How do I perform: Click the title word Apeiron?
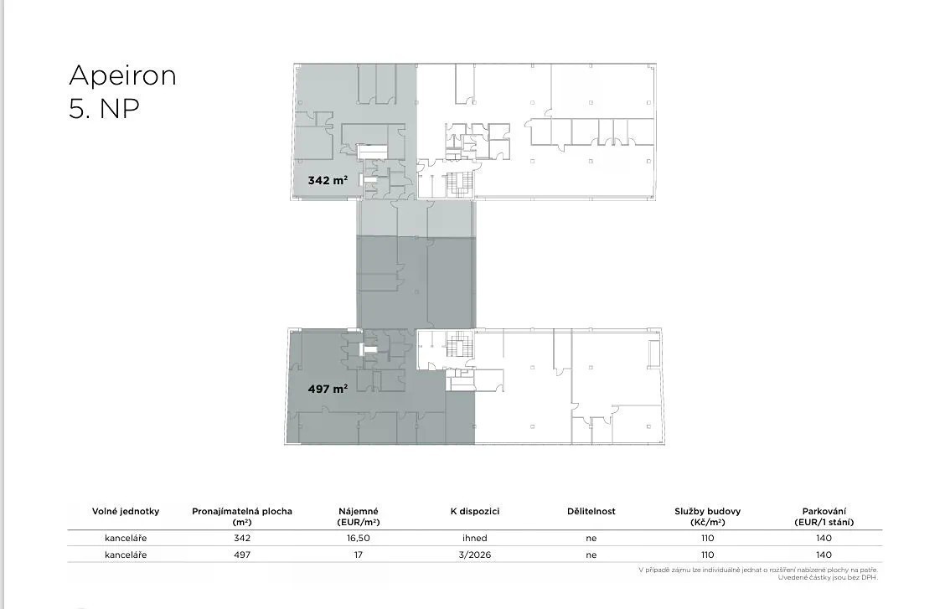click(122, 76)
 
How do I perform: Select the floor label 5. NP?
click(104, 109)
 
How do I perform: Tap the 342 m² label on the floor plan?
click(328, 180)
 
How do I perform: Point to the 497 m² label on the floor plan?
click(328, 390)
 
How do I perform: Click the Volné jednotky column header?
click(126, 512)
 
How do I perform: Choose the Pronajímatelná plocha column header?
click(241, 517)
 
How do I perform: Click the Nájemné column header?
click(359, 517)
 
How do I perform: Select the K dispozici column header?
click(475, 512)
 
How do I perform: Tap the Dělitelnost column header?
click(591, 512)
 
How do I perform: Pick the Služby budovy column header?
click(708, 517)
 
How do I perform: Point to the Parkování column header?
click(824, 517)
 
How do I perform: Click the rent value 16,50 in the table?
click(359, 538)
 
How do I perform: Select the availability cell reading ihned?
click(475, 538)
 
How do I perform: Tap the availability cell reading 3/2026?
click(475, 555)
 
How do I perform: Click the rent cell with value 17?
click(359, 555)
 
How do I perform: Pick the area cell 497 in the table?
click(241, 555)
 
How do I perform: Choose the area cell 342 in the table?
click(241, 538)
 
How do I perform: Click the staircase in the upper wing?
click(457, 184)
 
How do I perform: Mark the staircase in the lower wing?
click(457, 343)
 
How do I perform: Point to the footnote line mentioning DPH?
click(828, 578)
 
